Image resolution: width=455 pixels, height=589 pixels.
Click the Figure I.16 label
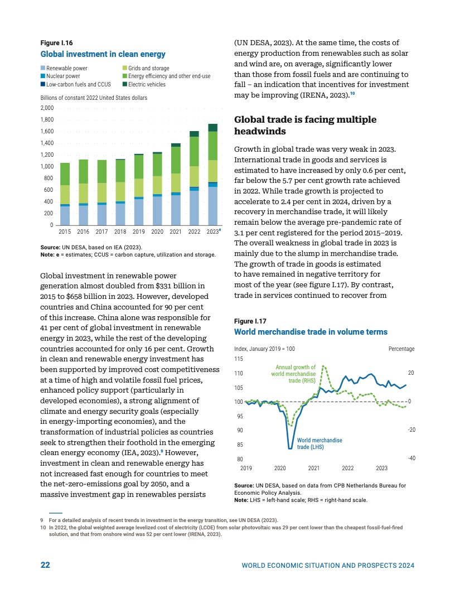57,42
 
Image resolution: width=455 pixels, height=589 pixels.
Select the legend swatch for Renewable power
43,68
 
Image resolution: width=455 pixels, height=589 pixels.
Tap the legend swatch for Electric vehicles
124,85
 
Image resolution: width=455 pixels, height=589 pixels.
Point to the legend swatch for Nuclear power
43,76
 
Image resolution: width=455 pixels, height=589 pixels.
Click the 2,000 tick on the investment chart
47,108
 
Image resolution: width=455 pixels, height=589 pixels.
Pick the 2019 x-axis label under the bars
139,231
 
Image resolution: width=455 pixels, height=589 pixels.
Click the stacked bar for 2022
194,178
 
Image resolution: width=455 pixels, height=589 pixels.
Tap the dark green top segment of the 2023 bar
212,127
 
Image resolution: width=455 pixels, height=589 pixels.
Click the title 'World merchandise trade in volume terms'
311,332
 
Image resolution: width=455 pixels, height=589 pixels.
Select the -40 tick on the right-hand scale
411,458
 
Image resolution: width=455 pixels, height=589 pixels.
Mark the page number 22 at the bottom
46,565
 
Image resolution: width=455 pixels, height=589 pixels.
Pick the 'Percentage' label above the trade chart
401,349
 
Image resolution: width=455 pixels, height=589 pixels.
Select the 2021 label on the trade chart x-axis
314,468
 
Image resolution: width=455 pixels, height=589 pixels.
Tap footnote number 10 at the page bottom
43,527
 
